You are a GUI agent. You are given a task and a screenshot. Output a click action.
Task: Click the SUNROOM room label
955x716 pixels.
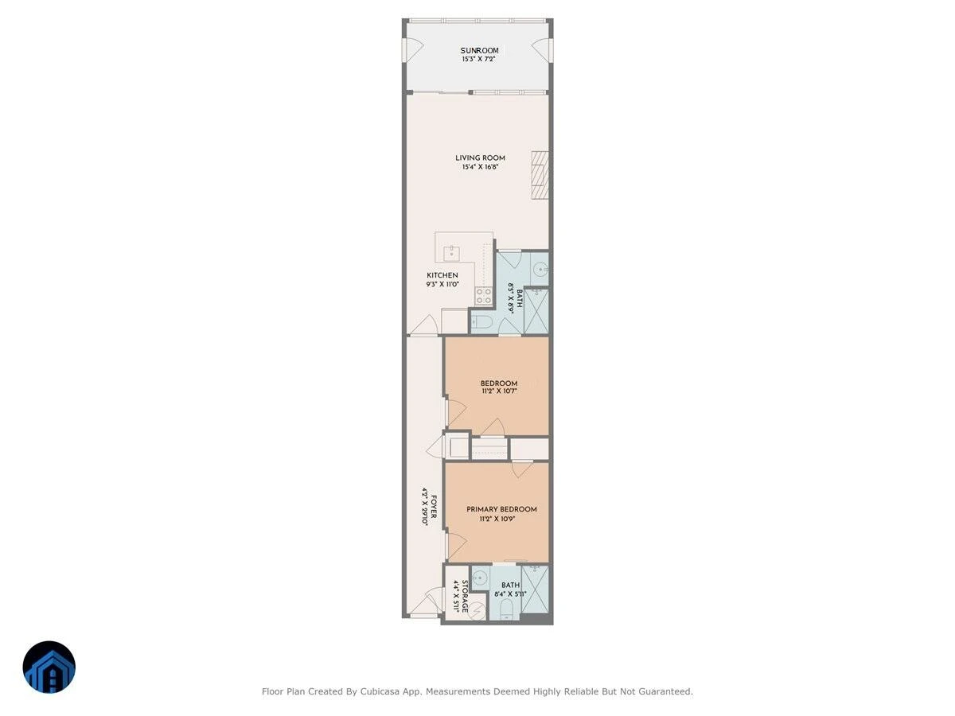pos(479,50)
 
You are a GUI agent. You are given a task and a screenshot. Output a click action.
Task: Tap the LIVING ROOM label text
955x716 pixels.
pos(480,158)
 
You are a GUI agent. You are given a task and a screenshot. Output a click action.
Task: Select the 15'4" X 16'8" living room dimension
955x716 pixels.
pos(480,166)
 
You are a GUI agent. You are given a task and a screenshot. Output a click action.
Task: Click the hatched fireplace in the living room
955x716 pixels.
pos(540,175)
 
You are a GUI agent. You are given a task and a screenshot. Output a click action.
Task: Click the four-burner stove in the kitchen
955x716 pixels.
pos(484,296)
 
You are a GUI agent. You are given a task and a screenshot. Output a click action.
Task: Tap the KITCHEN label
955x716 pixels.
pos(442,275)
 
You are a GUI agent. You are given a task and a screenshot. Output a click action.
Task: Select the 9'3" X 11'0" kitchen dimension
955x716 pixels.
pos(442,284)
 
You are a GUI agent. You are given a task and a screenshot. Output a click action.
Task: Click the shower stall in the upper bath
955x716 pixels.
pos(536,311)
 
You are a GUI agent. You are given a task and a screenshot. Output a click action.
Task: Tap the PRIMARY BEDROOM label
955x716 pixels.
pos(501,509)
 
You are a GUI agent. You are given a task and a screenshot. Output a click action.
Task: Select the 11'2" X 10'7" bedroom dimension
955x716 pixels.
pos(499,391)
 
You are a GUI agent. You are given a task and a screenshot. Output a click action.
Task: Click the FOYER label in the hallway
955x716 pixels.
pos(434,507)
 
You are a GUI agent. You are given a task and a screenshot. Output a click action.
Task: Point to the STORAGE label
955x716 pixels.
pos(465,596)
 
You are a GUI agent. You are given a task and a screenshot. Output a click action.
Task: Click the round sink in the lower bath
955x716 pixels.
pos(481,578)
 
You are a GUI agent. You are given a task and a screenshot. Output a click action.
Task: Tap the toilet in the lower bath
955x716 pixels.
pos(506,609)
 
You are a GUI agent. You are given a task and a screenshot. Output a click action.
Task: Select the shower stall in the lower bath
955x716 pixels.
pos(535,589)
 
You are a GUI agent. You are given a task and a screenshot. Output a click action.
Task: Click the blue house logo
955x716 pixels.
pos(49,667)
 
